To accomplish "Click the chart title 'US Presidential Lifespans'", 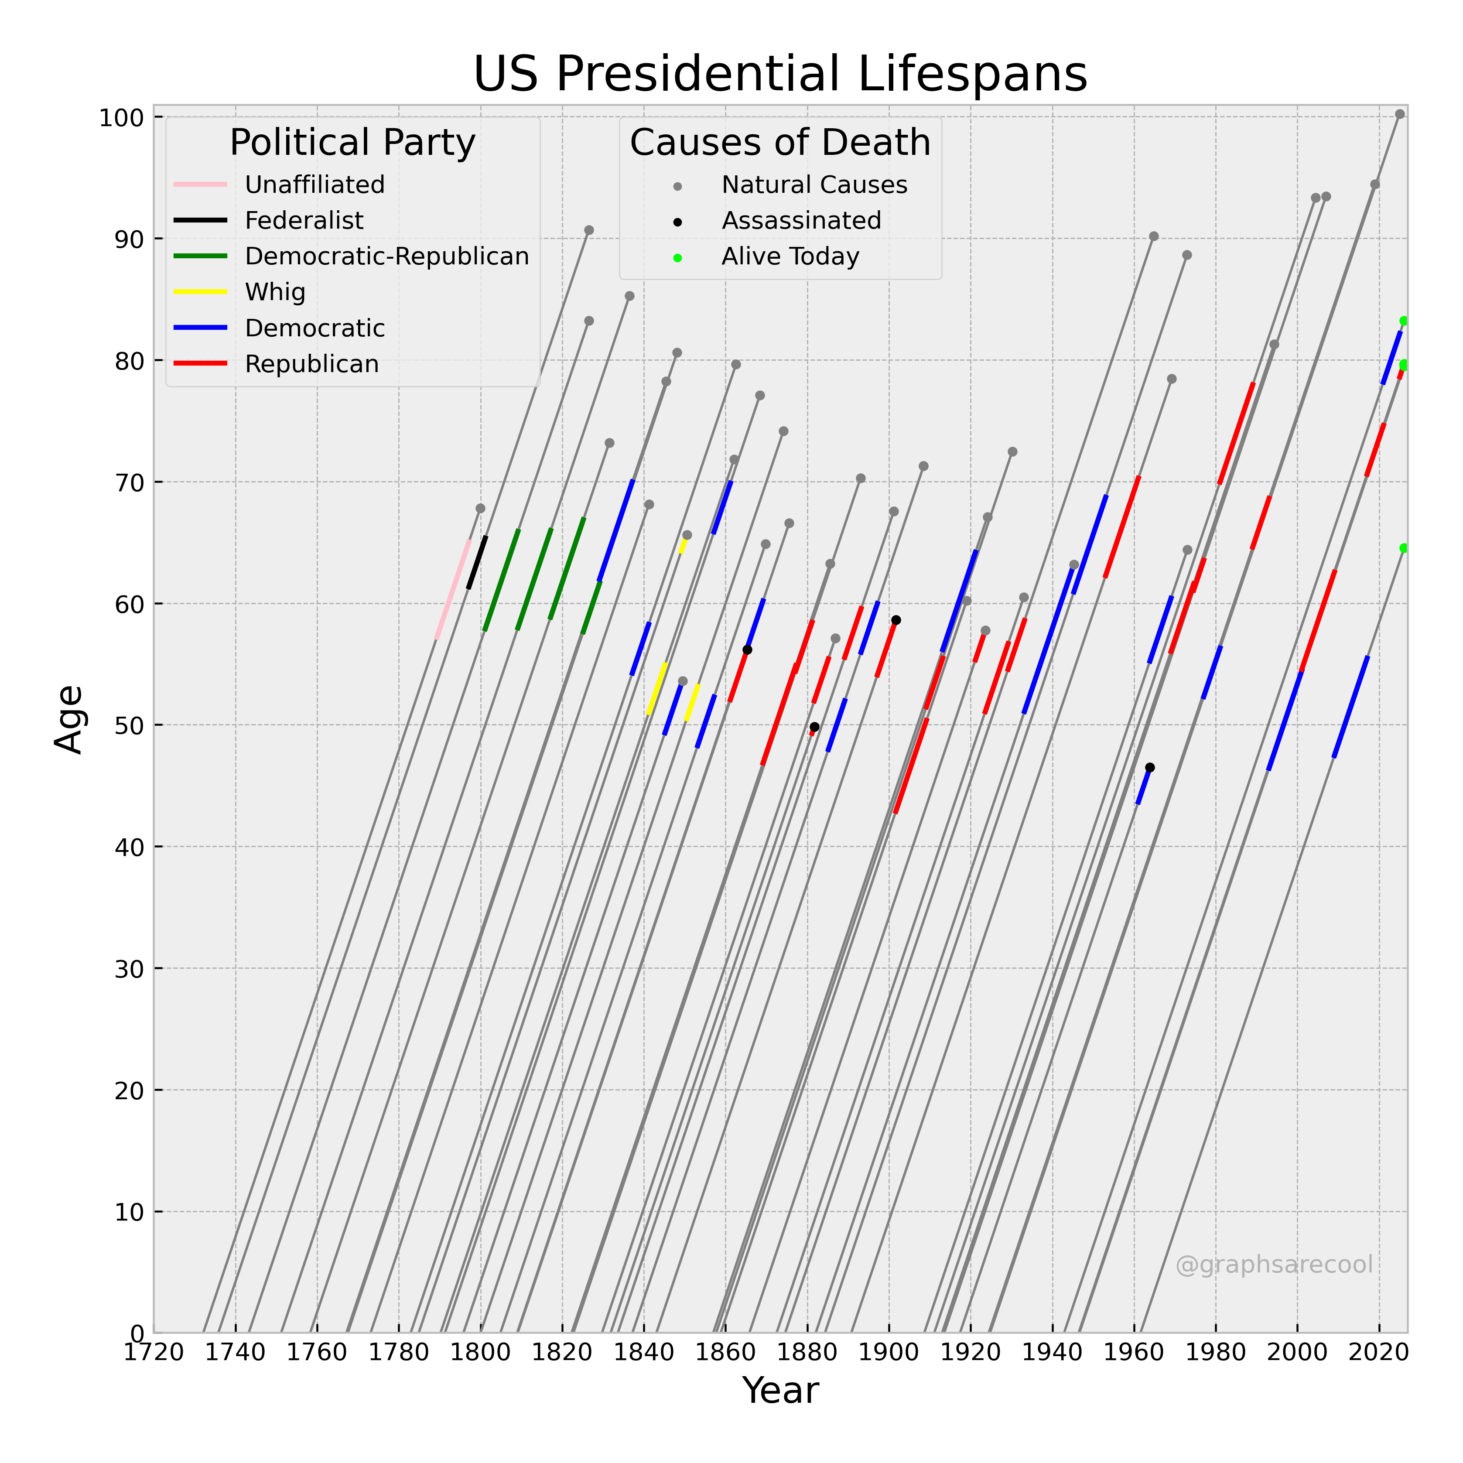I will coord(780,74).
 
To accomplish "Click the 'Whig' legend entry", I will coord(275,292).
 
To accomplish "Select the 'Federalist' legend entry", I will coord(304,220).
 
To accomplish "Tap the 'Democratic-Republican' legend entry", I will coord(386,257).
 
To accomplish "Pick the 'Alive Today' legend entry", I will coord(790,257).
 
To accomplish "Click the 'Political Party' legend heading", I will coord(352,142).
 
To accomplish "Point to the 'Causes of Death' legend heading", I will coord(780,142).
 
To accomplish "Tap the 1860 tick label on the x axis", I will coord(725,1353).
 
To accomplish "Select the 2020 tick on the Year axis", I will coord(1379,1353).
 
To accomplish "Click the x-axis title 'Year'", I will coord(780,1390).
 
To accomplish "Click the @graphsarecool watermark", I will coord(1274,1265).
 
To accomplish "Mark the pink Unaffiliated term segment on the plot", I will coord(453,589).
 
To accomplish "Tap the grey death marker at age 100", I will coord(1399,114).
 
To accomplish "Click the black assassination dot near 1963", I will coord(1149,767).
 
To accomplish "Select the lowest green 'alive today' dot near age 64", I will coord(1403,547).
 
